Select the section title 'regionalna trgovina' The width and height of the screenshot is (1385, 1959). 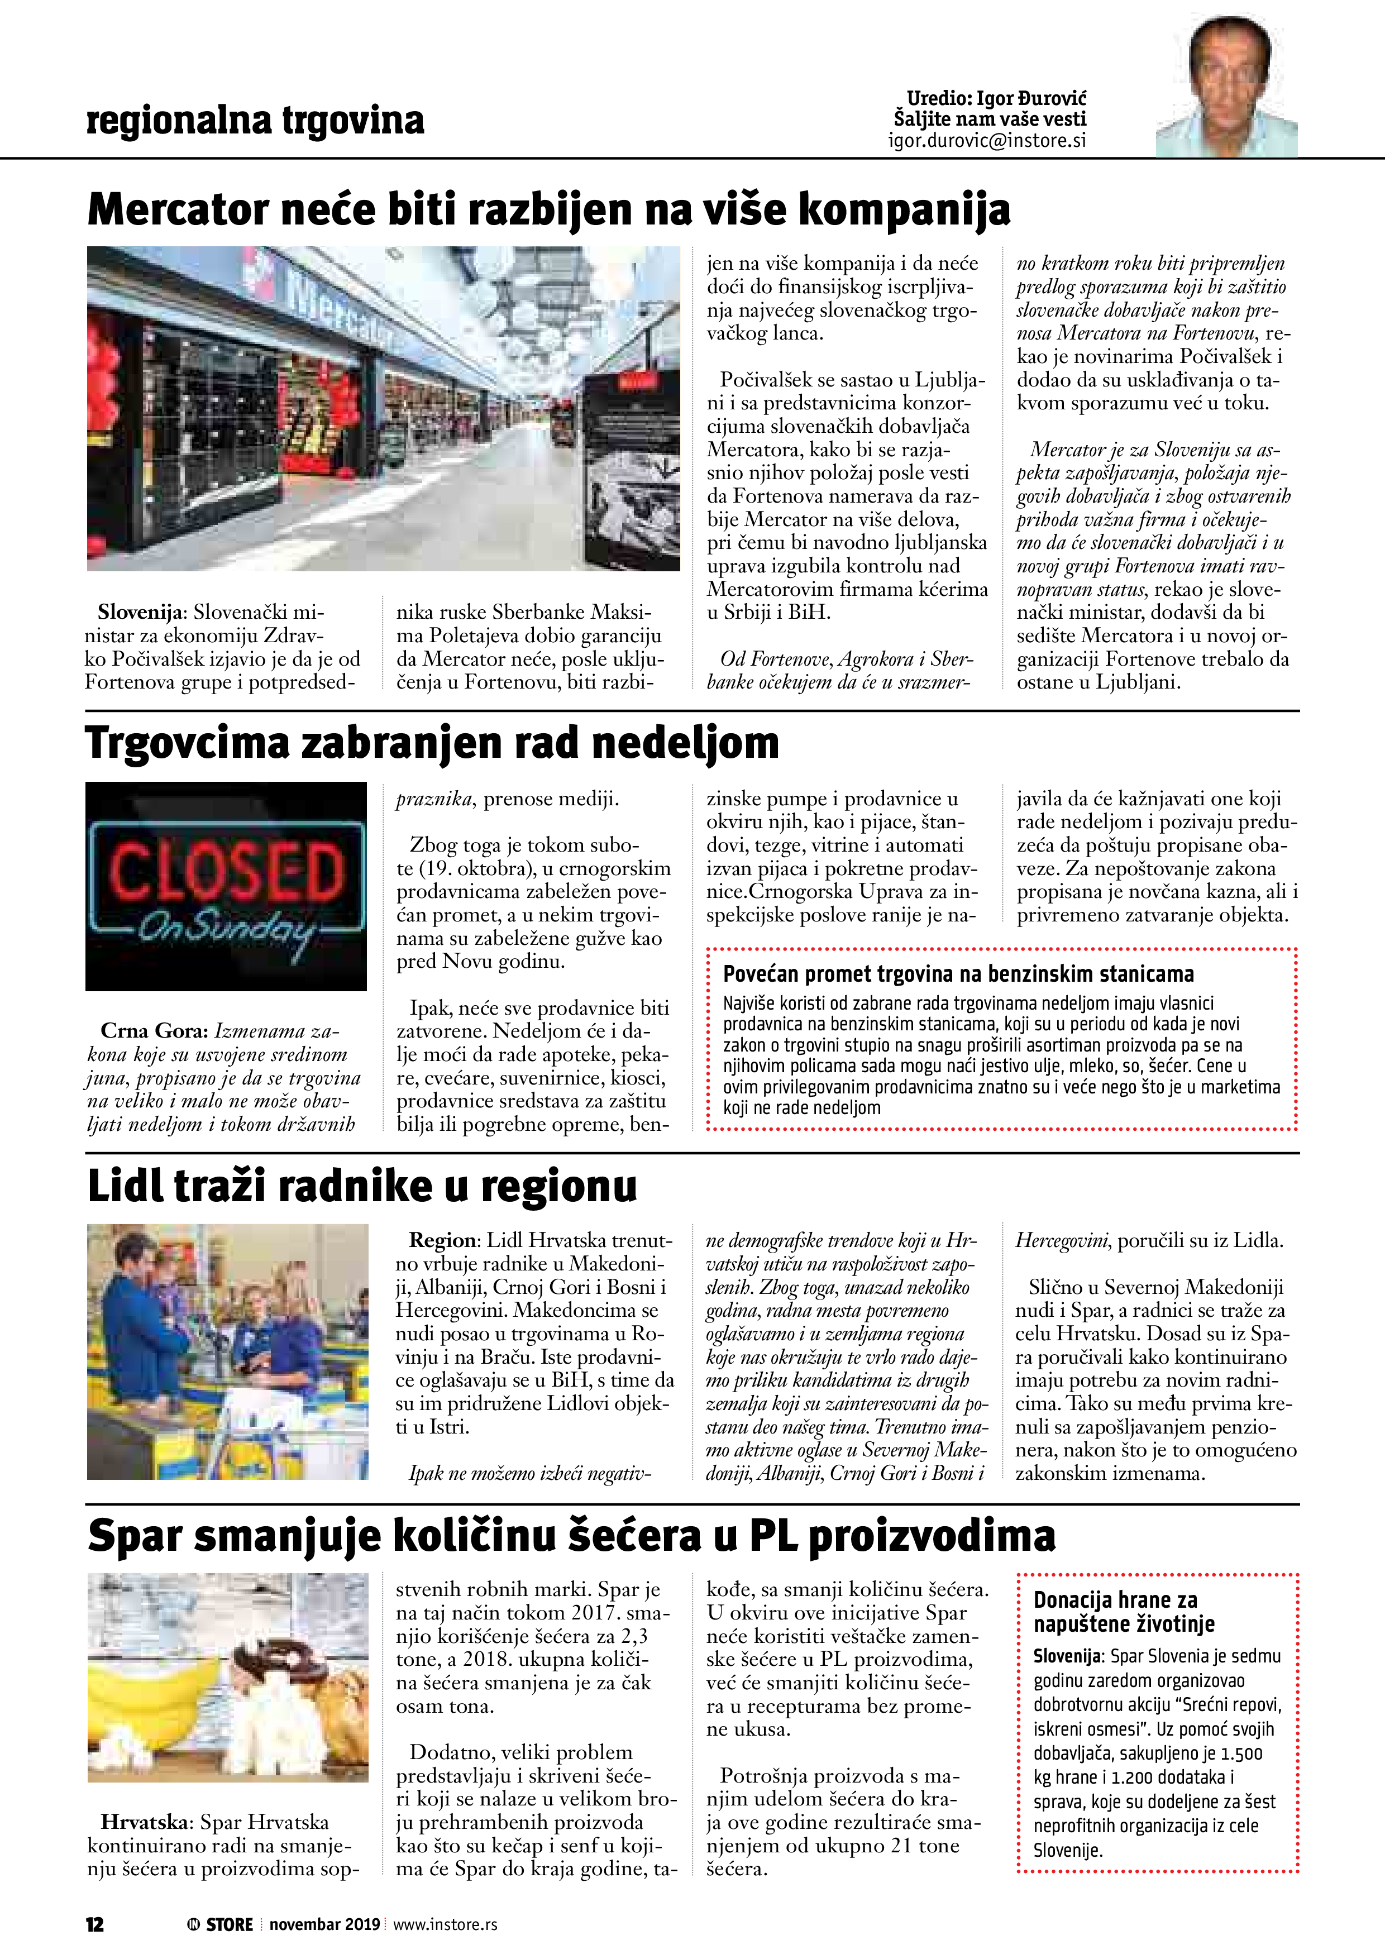pyautogui.click(x=255, y=120)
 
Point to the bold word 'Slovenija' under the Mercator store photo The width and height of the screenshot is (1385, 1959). pyautogui.click(x=140, y=613)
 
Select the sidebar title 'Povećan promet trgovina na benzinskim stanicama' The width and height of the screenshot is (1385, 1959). pyautogui.click(x=958, y=974)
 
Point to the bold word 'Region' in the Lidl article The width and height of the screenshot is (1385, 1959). pyautogui.click(x=442, y=1241)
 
